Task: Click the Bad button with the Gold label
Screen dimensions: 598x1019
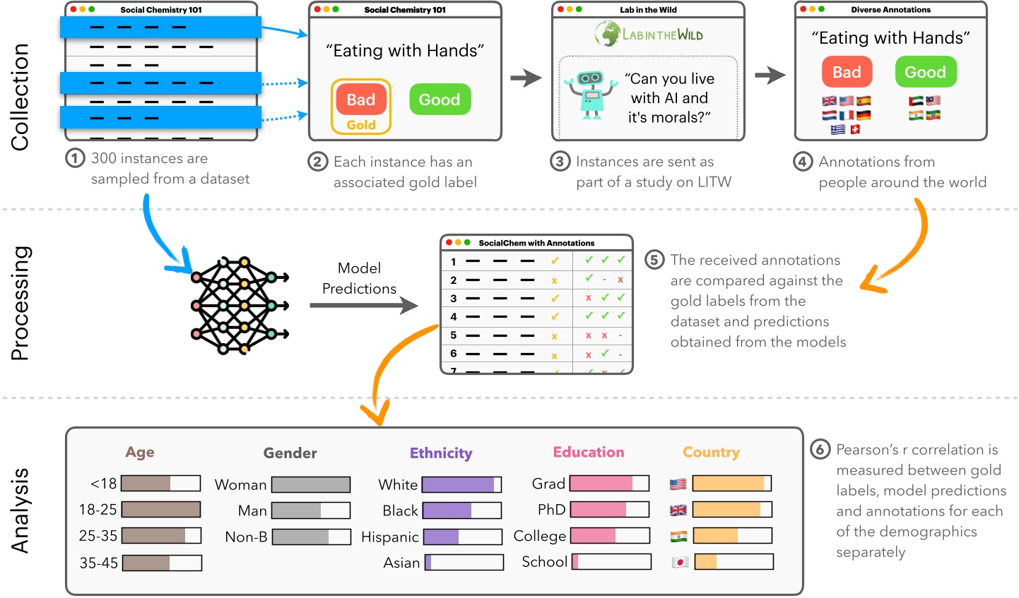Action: (360, 100)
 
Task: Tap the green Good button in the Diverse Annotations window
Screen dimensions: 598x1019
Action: (925, 72)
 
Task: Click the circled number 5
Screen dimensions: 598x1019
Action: (654, 260)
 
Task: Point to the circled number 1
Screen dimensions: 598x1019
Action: (75, 158)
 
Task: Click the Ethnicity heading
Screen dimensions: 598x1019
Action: (441, 453)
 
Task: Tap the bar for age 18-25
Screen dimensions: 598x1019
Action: (161, 509)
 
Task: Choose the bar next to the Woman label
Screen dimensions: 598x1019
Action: (311, 484)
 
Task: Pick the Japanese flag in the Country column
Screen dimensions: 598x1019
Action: (679, 563)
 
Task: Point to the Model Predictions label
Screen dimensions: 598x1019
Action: (359, 278)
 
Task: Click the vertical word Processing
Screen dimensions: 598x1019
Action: (20, 304)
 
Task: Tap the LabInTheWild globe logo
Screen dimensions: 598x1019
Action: (606, 33)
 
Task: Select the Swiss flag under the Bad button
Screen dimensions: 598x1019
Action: (855, 129)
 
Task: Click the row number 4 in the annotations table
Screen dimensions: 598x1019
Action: (454, 317)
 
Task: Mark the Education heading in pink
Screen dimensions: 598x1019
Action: (589, 452)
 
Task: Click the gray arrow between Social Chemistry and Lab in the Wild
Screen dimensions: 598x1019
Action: (526, 78)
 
